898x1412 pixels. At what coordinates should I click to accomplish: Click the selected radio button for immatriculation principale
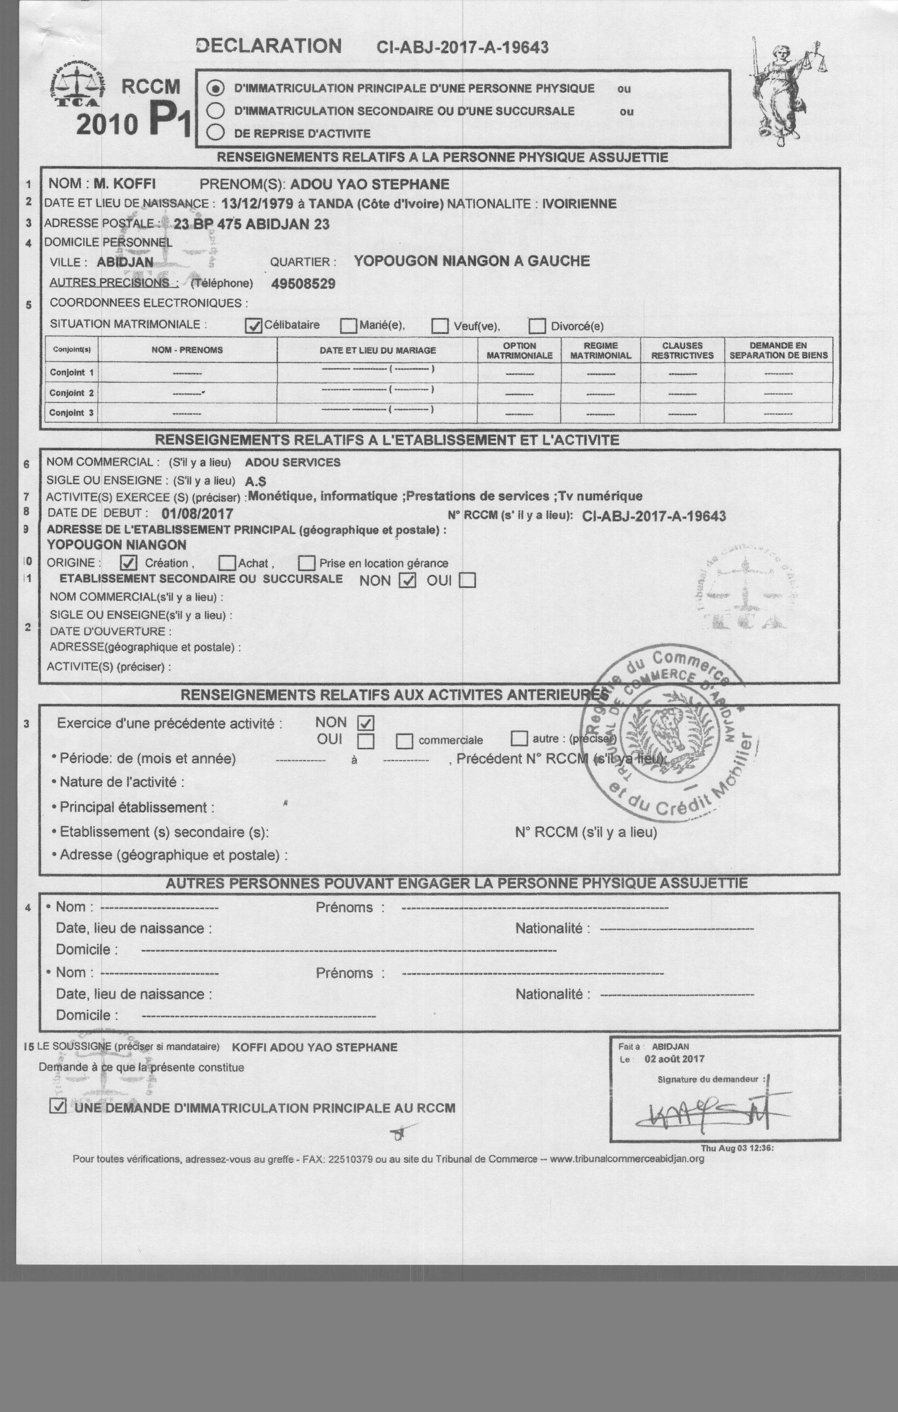pos(216,88)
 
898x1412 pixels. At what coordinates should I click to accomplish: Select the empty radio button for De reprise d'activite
pos(216,133)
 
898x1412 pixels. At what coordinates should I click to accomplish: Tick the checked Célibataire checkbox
pos(253,325)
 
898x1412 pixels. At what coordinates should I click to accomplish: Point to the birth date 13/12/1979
pos(257,204)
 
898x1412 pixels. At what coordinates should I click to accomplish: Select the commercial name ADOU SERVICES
pos(293,462)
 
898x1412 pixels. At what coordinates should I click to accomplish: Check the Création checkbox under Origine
pos(129,563)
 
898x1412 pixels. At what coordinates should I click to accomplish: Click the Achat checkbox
pos(227,563)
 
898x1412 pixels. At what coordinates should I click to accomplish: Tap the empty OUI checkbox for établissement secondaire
pos(467,580)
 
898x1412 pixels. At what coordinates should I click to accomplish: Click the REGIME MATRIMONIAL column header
pos(600,350)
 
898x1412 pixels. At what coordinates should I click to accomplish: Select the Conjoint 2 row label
pos(71,393)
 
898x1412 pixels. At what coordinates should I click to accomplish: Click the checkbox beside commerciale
pos(404,741)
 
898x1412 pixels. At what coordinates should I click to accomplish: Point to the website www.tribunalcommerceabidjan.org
pos(626,1159)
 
